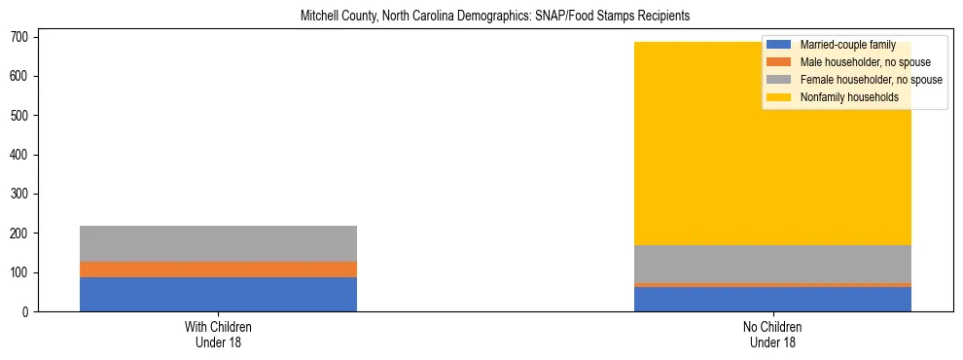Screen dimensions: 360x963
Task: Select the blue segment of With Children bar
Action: (218, 294)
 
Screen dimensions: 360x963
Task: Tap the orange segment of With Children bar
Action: (218, 270)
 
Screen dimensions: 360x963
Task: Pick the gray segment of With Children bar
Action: (218, 243)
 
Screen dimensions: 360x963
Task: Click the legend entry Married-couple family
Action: (847, 45)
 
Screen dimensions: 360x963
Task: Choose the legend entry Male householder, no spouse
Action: (865, 62)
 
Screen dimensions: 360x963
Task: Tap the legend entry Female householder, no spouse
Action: (871, 80)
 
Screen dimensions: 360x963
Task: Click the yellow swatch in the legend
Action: (779, 97)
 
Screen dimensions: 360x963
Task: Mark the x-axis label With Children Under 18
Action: (218, 334)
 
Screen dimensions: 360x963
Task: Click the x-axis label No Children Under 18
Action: (772, 334)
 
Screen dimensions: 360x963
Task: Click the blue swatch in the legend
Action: (779, 45)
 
